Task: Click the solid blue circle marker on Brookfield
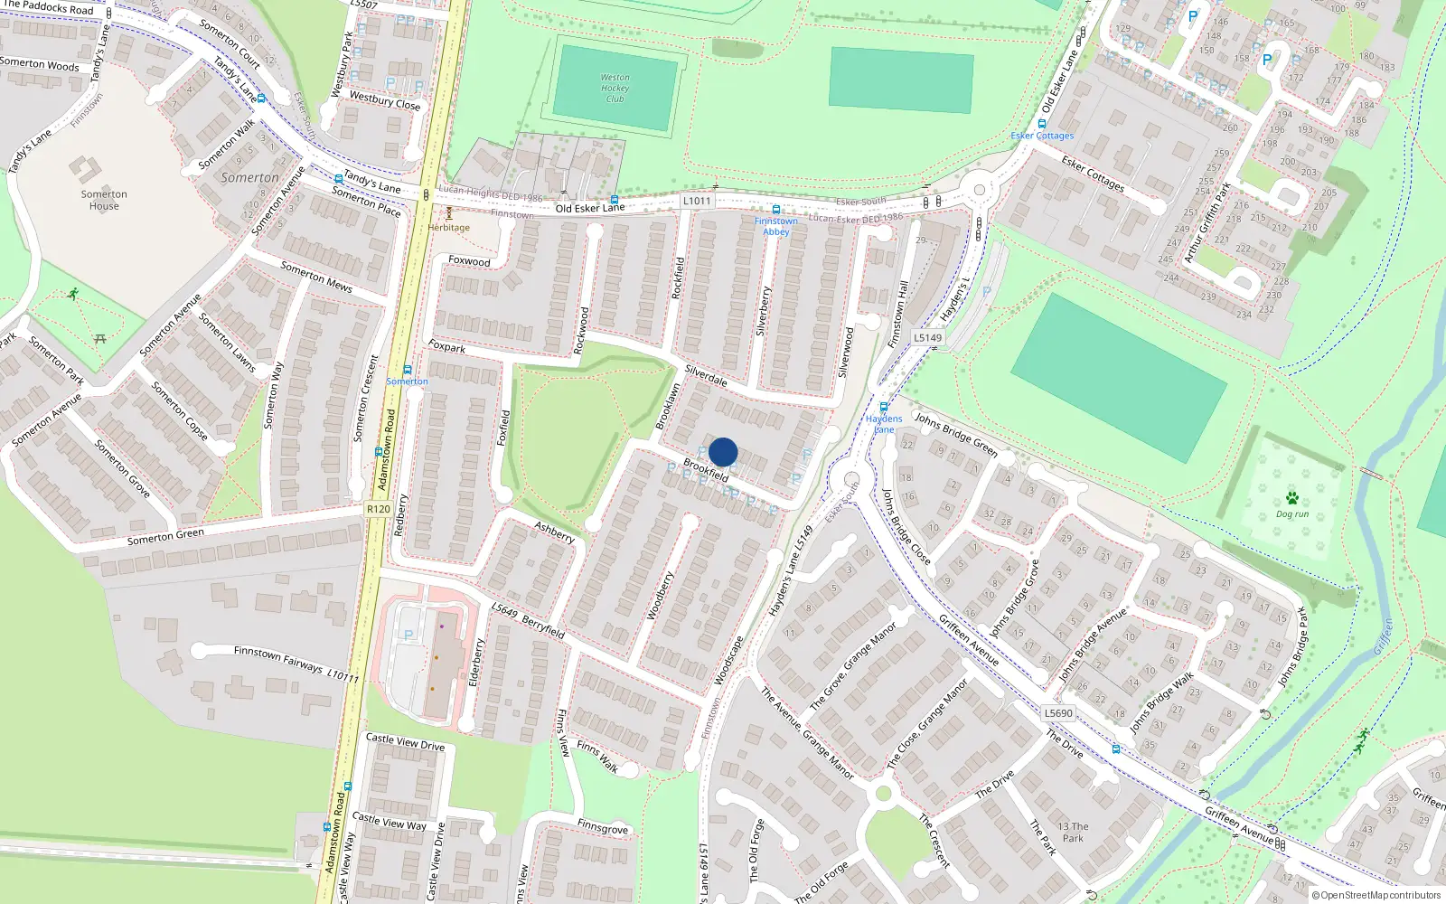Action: pos(723,452)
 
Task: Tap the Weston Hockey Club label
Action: pos(615,88)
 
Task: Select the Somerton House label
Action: pos(104,200)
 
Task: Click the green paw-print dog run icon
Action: pos(1292,498)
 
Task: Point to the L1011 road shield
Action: pos(697,201)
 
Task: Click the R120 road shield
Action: pos(379,509)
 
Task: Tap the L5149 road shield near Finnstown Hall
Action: pos(927,337)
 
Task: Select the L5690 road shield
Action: pos(1058,712)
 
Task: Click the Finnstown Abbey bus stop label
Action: pos(775,226)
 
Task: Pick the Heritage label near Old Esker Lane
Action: pos(449,227)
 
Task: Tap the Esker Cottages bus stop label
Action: pos(1042,136)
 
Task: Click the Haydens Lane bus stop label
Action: pos(884,423)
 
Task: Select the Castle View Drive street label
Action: pos(405,742)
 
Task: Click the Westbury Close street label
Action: pos(385,101)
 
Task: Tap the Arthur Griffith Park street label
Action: pos(1207,223)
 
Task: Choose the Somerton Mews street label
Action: pos(316,277)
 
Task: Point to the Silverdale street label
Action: pos(706,374)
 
